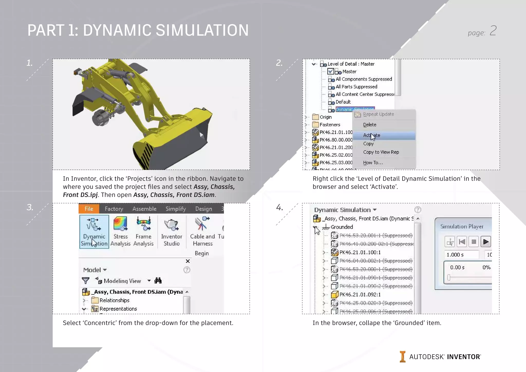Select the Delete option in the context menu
coord(370,125)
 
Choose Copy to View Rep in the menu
coord(381,152)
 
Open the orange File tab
coord(89,209)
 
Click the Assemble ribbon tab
coord(144,209)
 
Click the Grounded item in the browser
coord(342,227)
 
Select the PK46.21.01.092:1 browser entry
coord(360,295)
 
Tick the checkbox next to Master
coord(331,71)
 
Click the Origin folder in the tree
coord(325,117)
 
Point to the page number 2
coord(493,31)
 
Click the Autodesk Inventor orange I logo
coord(402,357)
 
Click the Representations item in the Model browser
coord(118,309)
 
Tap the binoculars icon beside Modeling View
coord(158,281)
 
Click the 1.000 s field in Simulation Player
coord(461,255)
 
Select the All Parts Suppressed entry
coord(356,87)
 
